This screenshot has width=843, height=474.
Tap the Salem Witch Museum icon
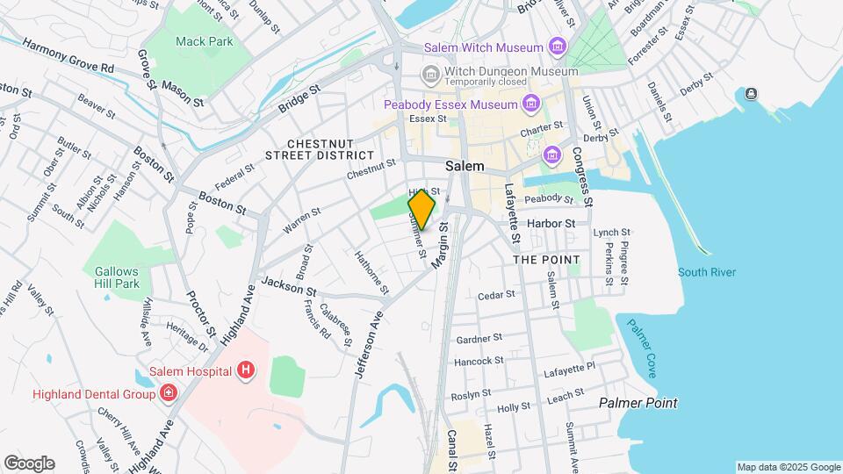[557, 47]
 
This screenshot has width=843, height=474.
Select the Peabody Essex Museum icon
[530, 105]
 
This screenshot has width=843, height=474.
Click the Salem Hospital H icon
[246, 371]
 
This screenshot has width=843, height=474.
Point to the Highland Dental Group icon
[168, 394]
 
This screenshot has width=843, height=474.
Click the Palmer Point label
[638, 403]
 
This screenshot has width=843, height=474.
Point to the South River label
[707, 272]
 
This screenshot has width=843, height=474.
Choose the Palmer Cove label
[641, 348]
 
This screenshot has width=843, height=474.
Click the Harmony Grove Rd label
[68, 54]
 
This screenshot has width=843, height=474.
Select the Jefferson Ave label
[370, 343]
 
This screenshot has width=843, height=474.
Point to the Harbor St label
[550, 223]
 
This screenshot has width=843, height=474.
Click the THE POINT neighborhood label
[546, 260]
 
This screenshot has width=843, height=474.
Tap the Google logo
[29, 463]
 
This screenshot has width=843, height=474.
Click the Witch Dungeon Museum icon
[430, 71]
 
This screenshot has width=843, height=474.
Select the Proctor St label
[198, 312]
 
